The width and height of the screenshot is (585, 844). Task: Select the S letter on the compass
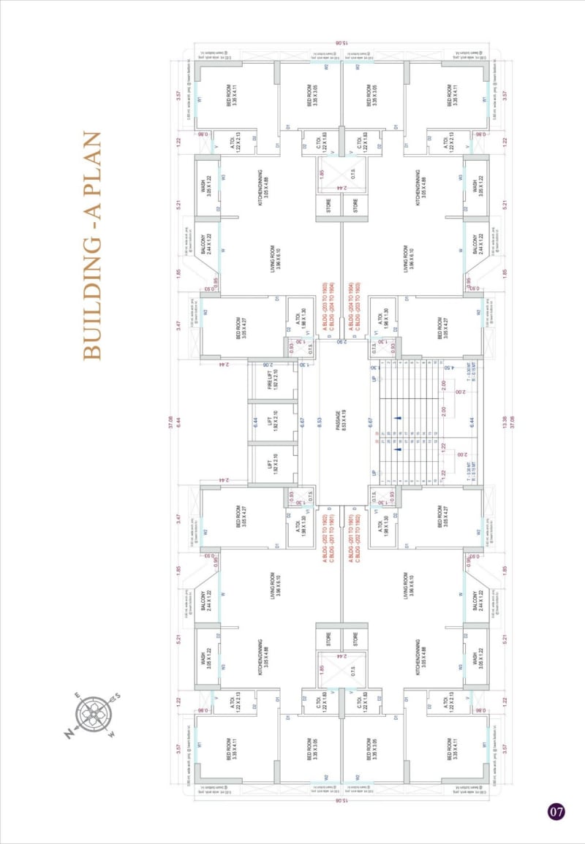click(117, 696)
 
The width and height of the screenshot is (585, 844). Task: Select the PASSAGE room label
click(341, 422)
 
